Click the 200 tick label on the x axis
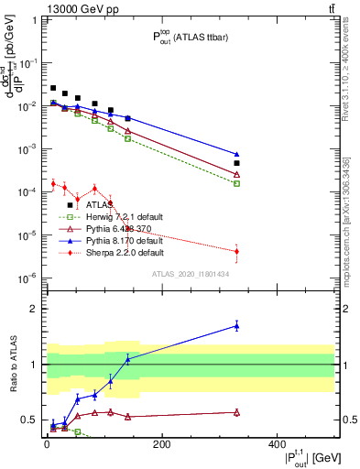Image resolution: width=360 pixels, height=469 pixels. (x=161, y=444)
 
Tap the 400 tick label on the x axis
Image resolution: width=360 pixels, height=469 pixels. (x=277, y=444)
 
